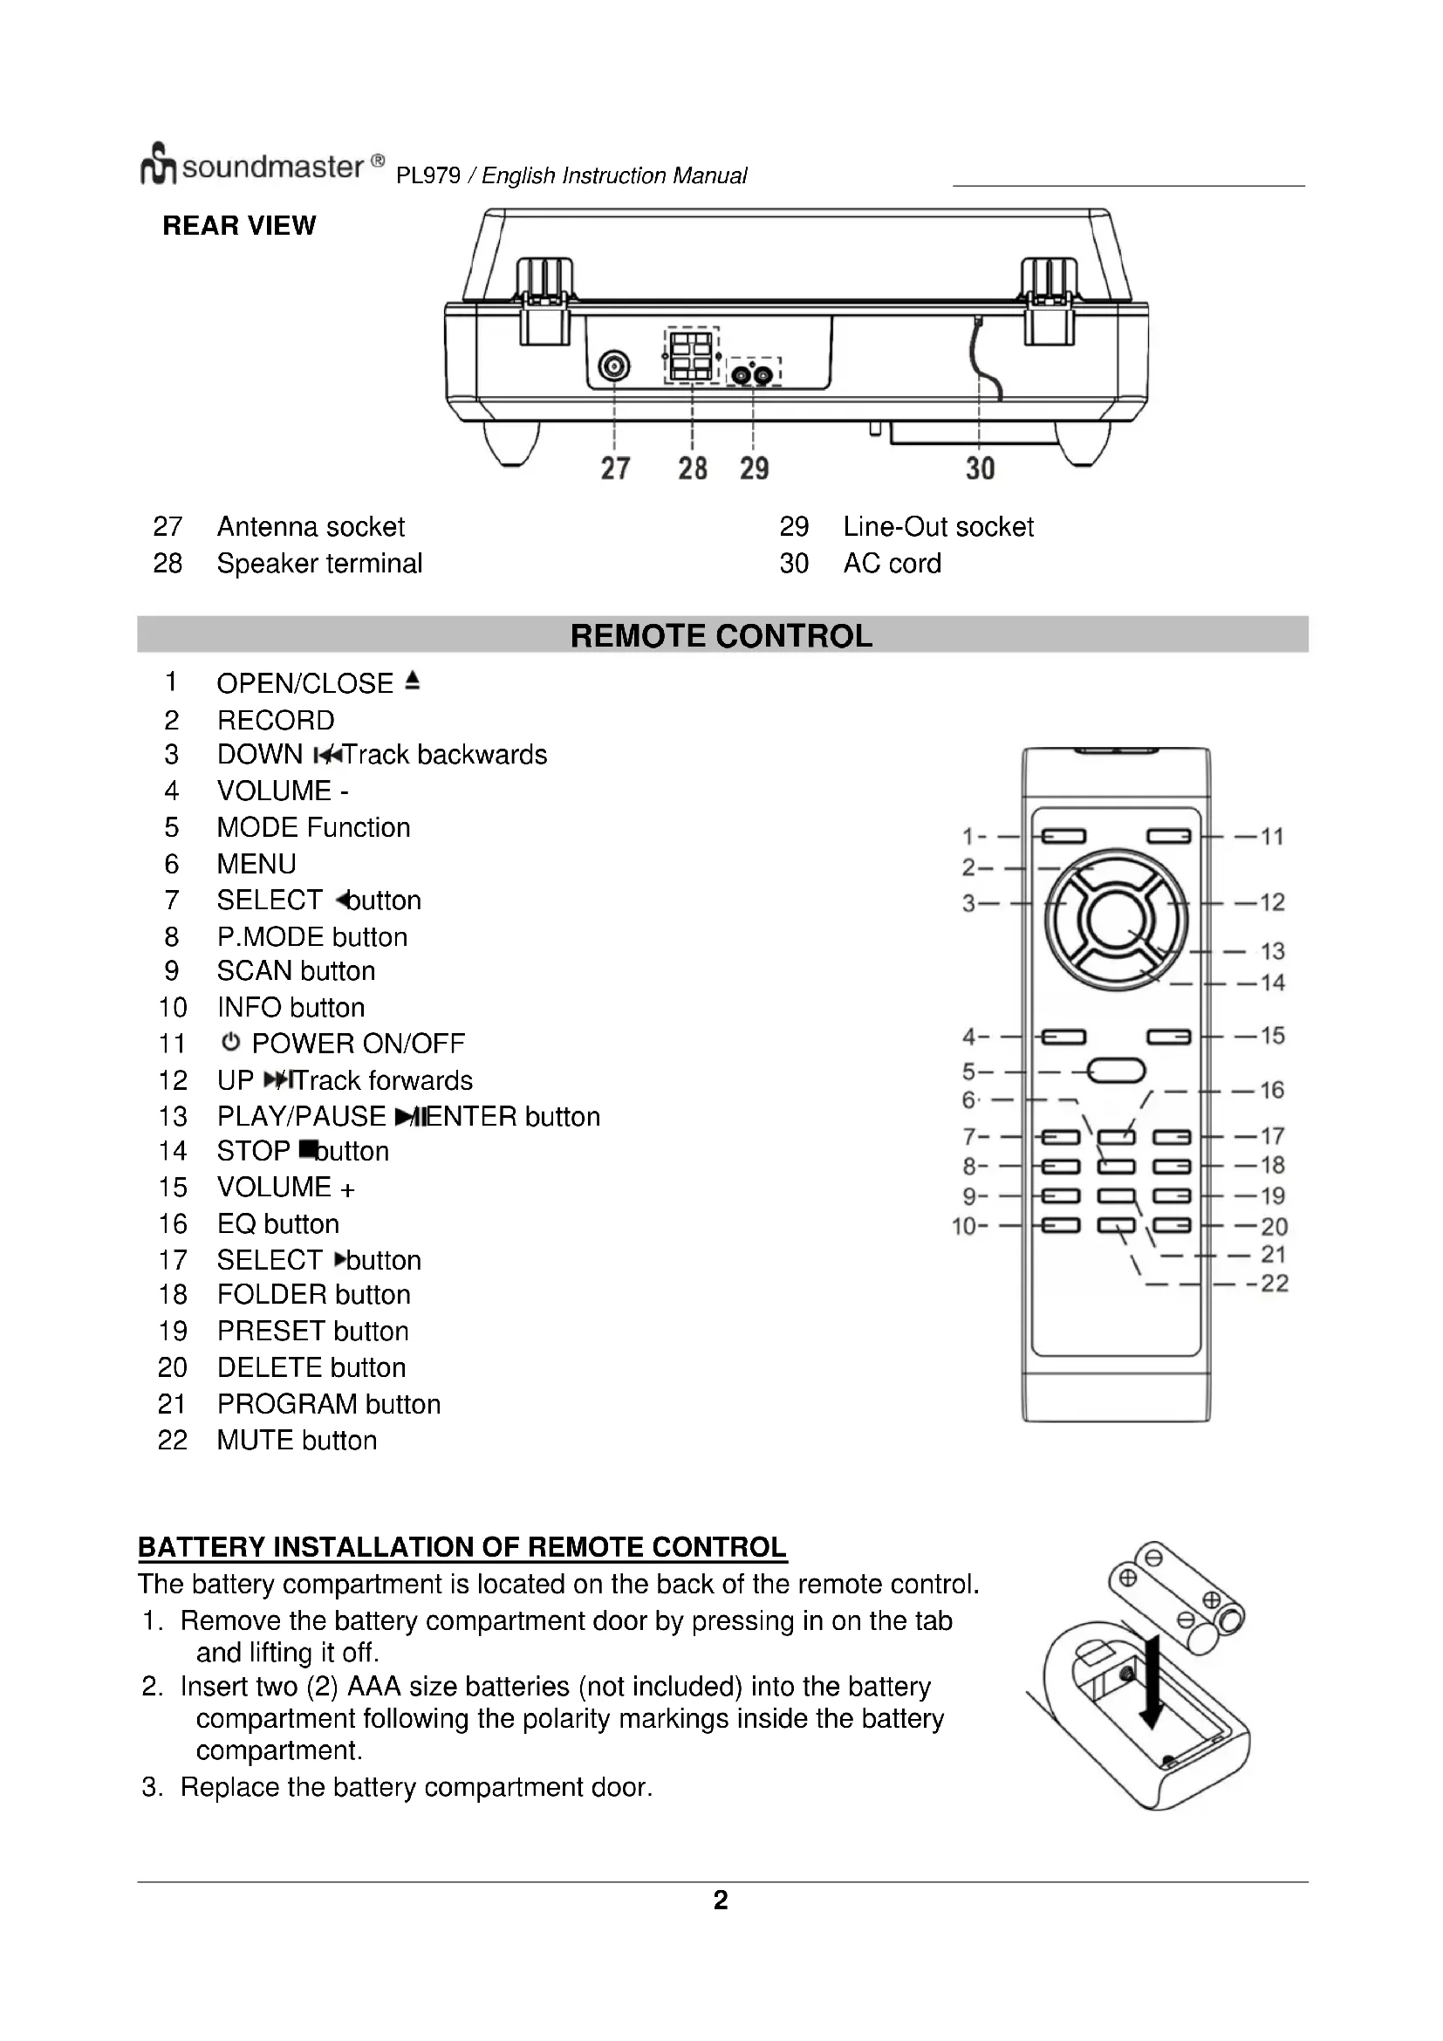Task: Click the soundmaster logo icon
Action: coord(158,164)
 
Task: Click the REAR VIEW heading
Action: coord(239,226)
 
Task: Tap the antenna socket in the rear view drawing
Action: coord(614,366)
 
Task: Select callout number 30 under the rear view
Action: coord(980,469)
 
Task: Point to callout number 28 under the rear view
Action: coord(692,469)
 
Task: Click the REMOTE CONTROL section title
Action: coord(721,635)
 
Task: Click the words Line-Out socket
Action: coord(939,526)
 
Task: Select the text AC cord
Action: coord(892,564)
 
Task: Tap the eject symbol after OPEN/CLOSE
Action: coord(412,681)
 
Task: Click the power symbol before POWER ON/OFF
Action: coord(231,1042)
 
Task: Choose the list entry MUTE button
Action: coord(297,1441)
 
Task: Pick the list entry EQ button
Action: coord(278,1224)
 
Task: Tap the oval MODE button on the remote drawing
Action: coord(1116,1071)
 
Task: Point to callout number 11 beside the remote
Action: coord(1271,837)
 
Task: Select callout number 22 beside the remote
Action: coord(1274,1284)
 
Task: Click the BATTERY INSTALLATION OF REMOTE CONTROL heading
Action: coord(462,1548)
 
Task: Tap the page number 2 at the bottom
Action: coord(721,1901)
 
